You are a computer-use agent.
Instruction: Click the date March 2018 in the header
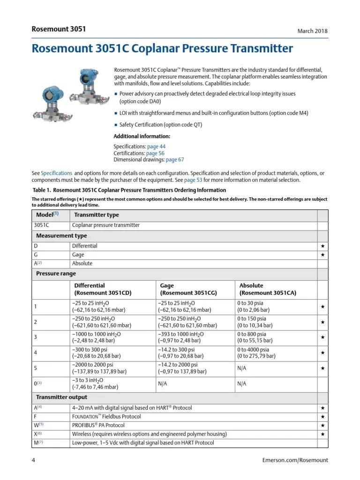tap(313, 31)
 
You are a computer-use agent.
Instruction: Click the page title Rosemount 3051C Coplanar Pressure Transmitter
tap(162, 49)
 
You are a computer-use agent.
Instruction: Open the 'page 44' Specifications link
tap(156, 147)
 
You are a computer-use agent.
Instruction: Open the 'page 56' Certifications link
tap(155, 153)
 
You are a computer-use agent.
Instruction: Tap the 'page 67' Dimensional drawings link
tap(175, 160)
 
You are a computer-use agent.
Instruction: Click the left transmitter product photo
tap(50, 100)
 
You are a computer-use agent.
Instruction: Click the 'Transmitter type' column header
tap(97, 215)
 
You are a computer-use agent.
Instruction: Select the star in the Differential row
tap(322, 246)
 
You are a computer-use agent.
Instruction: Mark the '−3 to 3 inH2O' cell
tap(88, 380)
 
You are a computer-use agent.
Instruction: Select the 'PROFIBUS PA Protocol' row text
tap(98, 425)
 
